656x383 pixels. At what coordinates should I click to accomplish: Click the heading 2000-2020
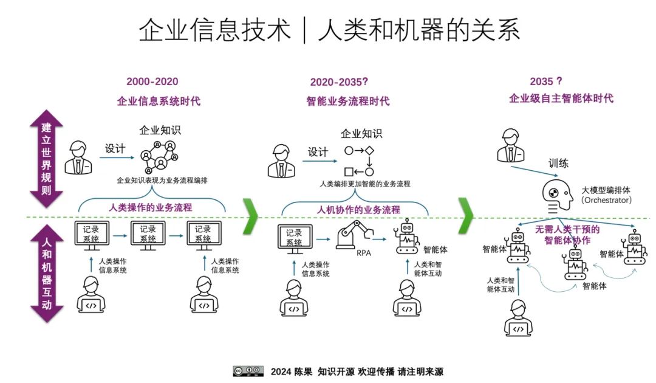152,82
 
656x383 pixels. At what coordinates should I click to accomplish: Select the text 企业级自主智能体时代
561,98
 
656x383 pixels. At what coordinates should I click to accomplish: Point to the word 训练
558,164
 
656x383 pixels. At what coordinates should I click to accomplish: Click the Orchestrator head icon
557,195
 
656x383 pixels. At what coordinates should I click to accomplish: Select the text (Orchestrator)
606,200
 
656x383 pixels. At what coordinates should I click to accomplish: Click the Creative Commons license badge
248,371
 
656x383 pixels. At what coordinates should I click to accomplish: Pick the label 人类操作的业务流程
151,207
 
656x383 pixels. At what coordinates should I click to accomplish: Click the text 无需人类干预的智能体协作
567,235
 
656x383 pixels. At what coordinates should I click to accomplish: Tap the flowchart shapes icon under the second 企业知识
359,160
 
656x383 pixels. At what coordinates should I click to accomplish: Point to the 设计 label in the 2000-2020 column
115,149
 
